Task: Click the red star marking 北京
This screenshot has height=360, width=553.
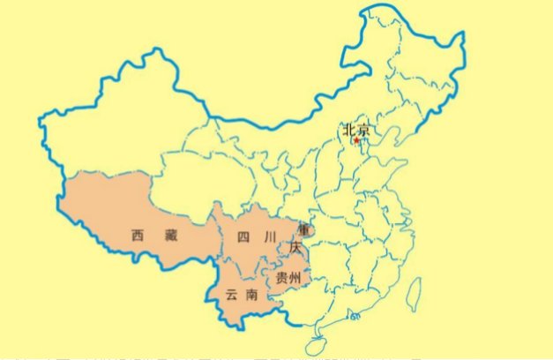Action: (x=356, y=140)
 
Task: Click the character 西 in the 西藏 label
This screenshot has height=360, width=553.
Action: (x=137, y=236)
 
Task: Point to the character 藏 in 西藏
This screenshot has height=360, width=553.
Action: (x=170, y=236)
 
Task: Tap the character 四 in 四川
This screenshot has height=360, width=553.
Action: (x=243, y=236)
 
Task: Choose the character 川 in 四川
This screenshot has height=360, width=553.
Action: (x=271, y=236)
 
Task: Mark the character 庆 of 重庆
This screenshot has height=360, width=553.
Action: (x=295, y=248)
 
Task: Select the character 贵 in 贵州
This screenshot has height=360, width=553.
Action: (x=281, y=278)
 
